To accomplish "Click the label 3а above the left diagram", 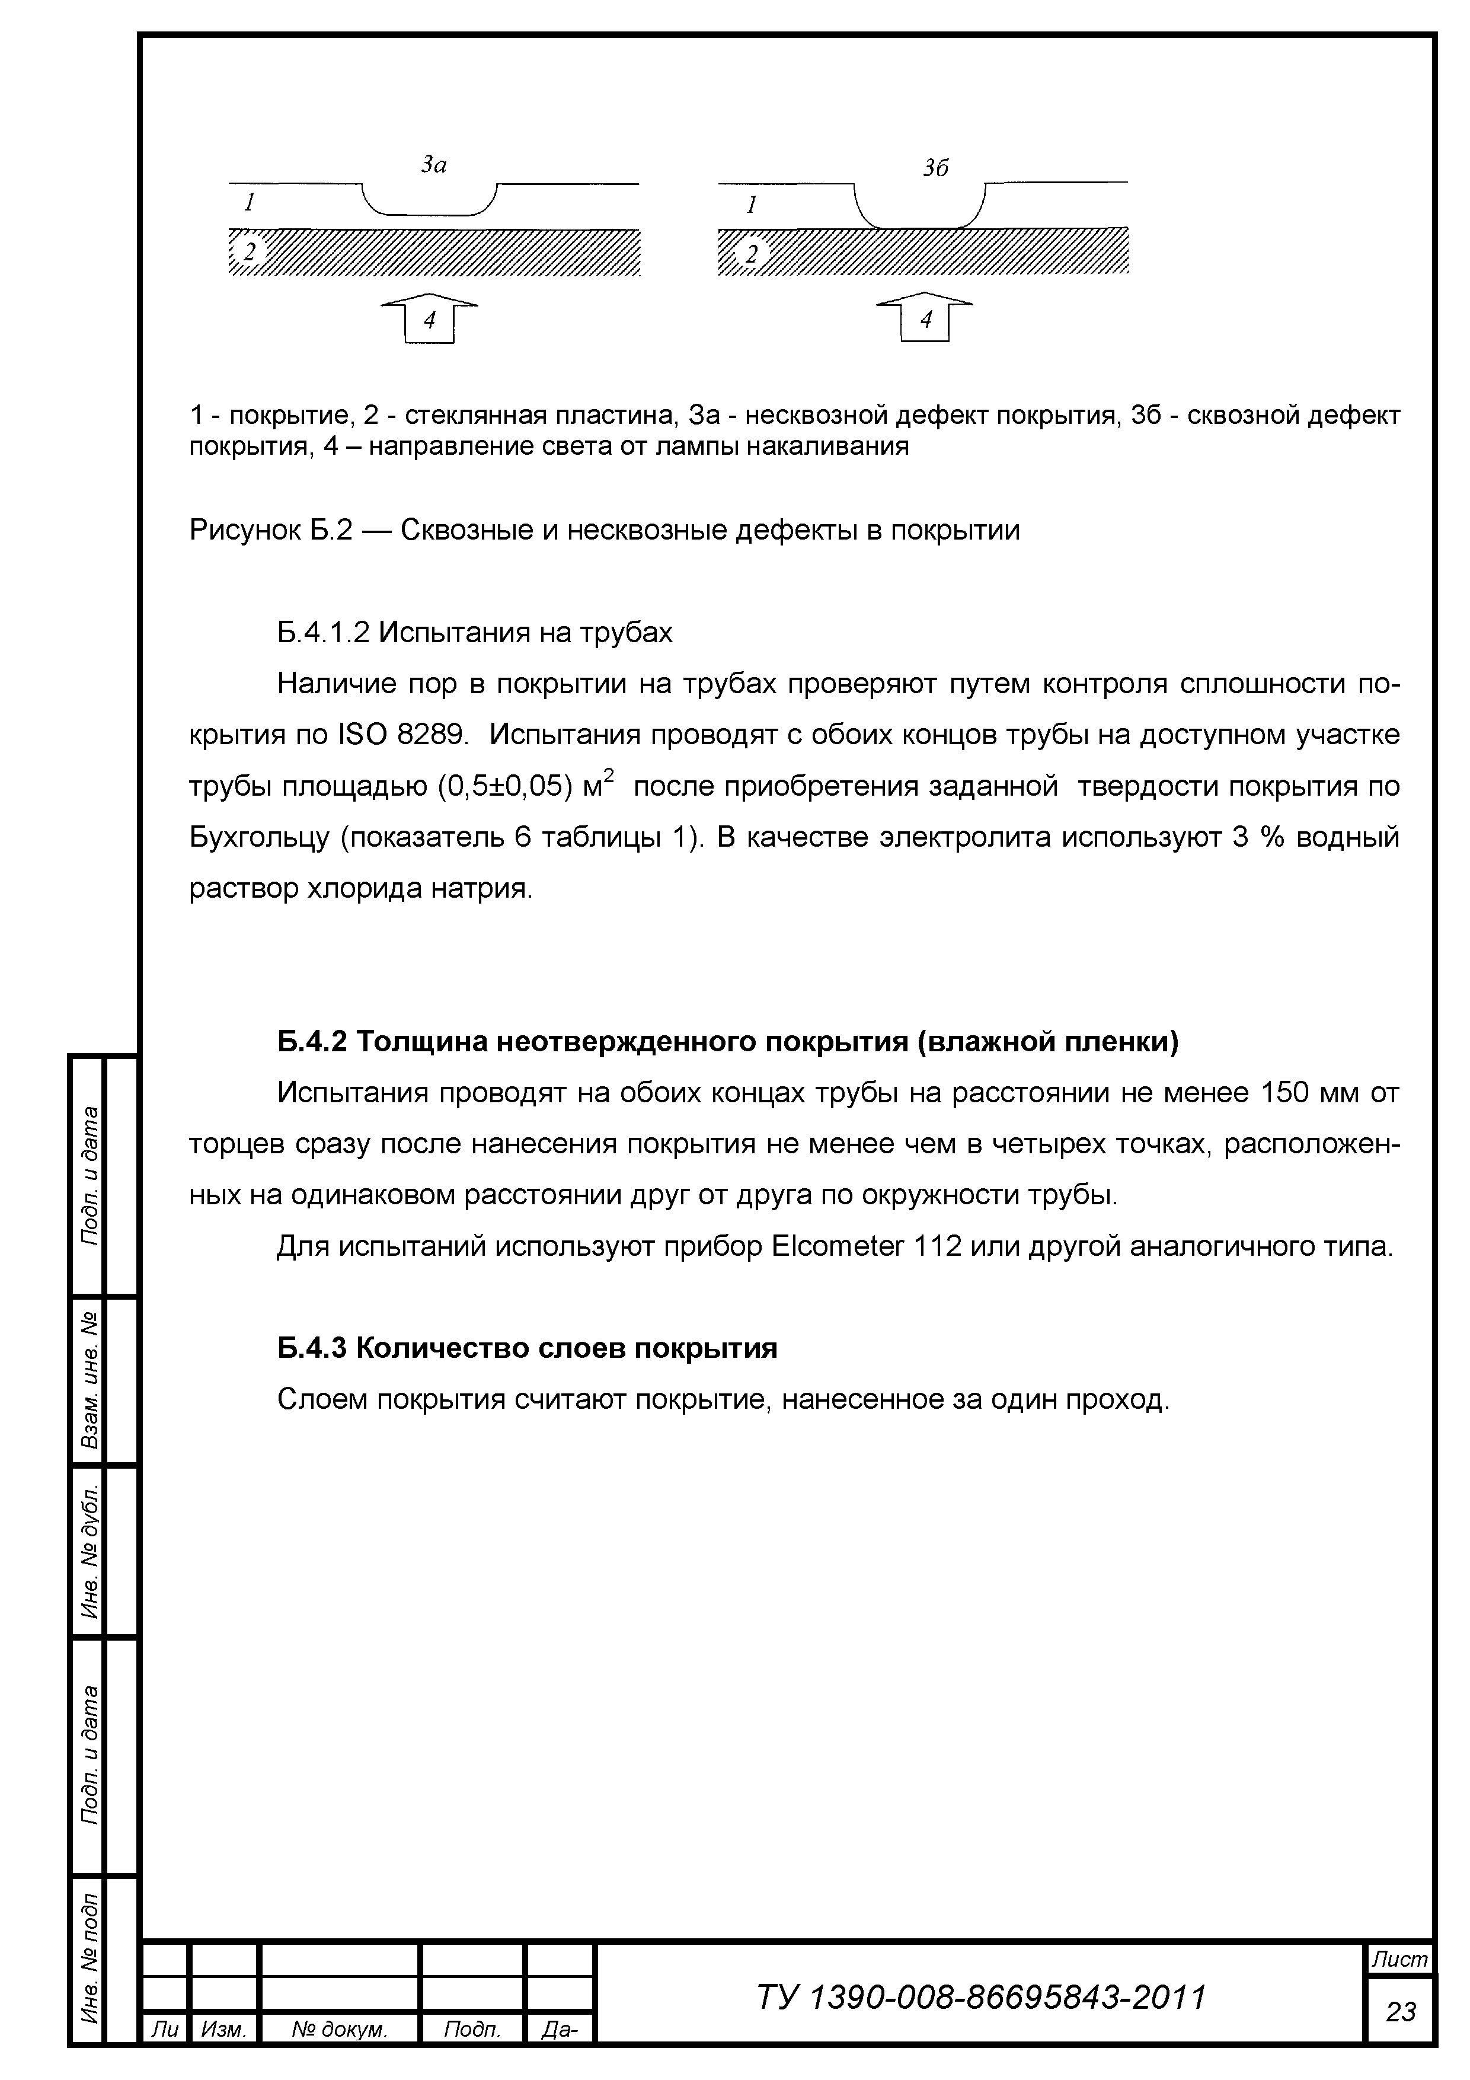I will click(x=434, y=165).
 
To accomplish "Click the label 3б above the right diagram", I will click(x=935, y=168).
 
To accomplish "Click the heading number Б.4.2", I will click(x=312, y=1043).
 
